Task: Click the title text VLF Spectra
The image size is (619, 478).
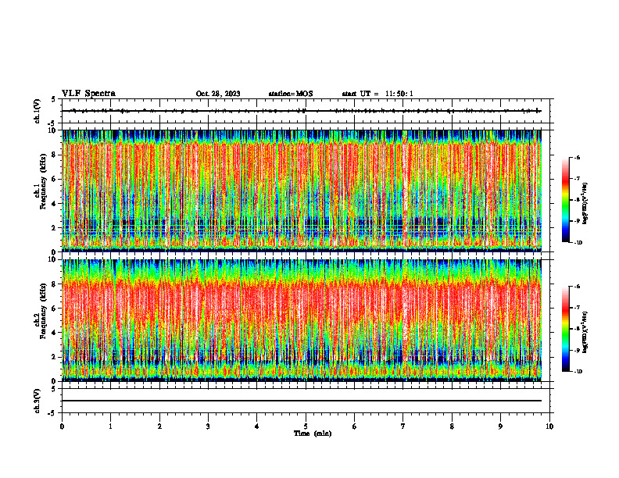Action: coord(88,94)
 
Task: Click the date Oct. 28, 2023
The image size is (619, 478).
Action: coord(218,94)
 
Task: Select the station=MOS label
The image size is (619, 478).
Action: coord(290,94)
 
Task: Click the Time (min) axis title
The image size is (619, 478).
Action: coord(312,433)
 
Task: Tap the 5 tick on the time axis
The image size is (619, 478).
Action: coord(306,426)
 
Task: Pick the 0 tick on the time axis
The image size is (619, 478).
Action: coord(62,426)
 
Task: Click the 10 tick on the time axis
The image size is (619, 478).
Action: coord(549,426)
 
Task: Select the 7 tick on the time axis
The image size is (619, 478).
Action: coord(403,426)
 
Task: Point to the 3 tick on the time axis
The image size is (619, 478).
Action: coord(208,426)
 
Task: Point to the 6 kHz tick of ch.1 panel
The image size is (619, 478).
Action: coord(54,179)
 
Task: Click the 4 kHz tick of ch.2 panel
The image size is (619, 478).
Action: coord(54,332)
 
